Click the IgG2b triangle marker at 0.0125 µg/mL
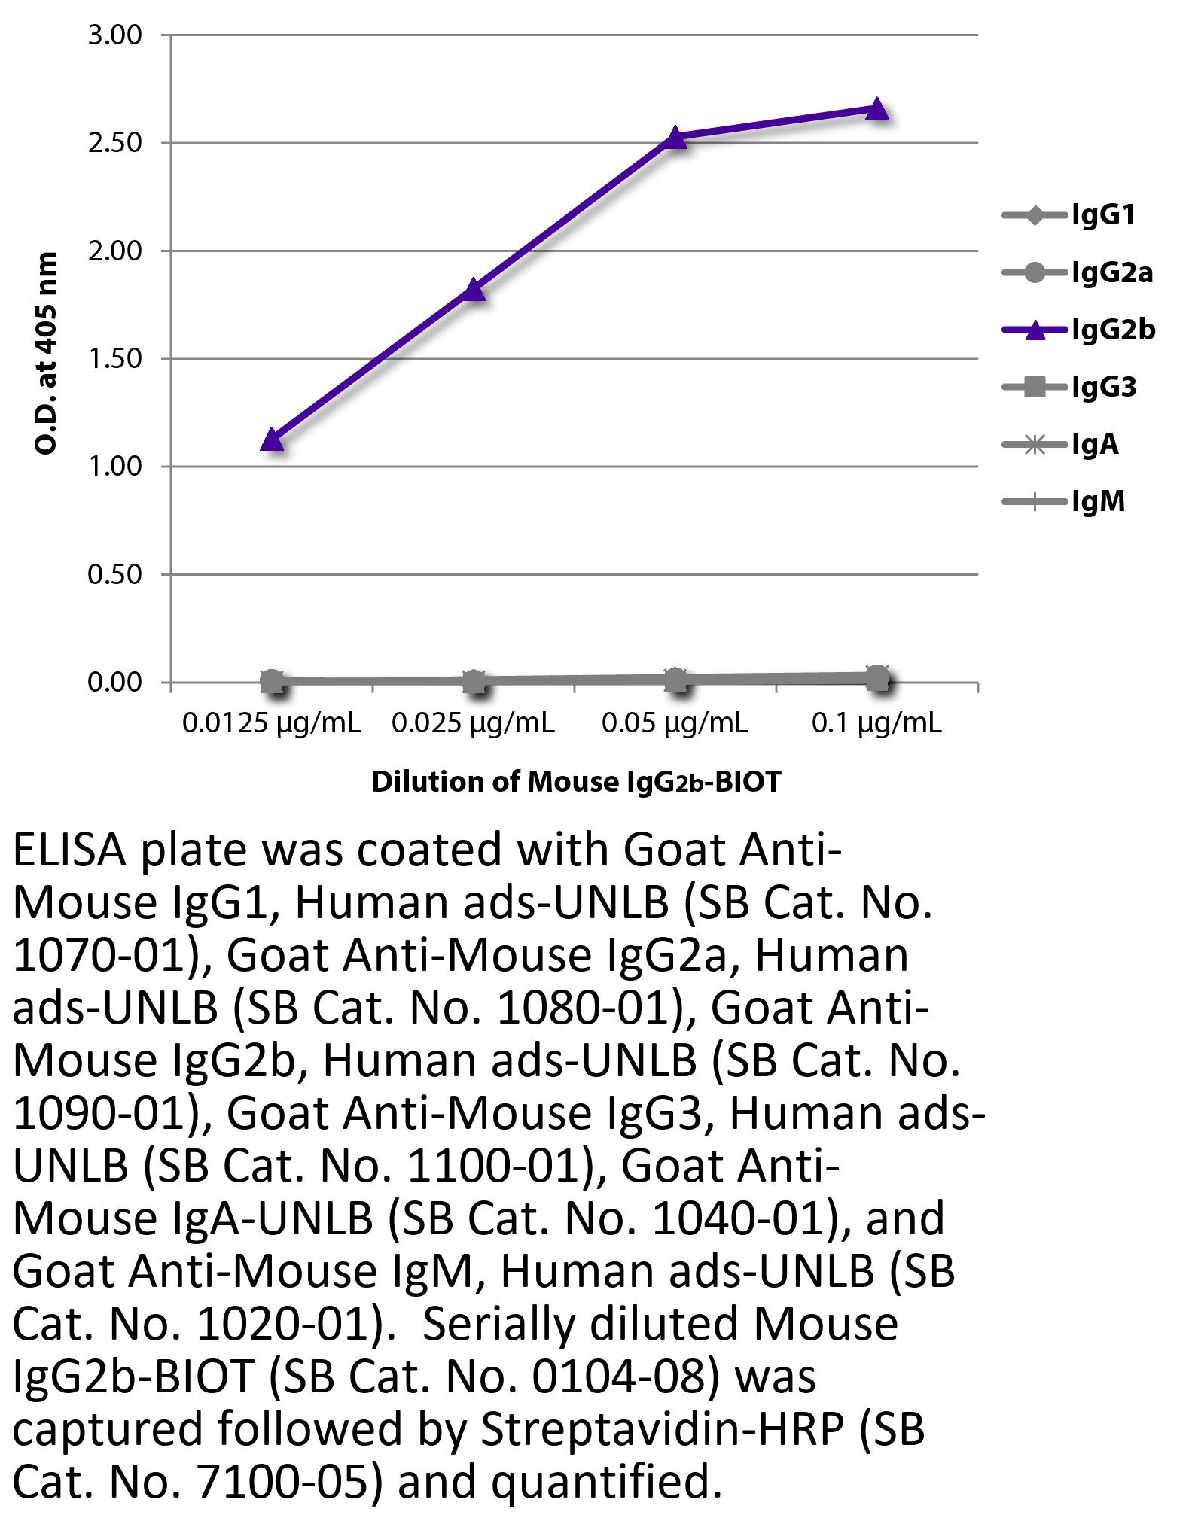272,440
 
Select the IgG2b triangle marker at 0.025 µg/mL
474,290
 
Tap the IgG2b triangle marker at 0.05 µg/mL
675,138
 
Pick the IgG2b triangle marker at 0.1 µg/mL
877,109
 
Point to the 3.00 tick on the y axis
114,35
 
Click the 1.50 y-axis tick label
114,359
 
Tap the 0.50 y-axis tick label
114,575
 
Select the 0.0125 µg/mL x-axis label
272,724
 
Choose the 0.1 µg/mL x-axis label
876,724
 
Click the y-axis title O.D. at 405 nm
47,354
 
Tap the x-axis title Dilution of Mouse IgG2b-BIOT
576,783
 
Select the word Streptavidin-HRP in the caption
661,1429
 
